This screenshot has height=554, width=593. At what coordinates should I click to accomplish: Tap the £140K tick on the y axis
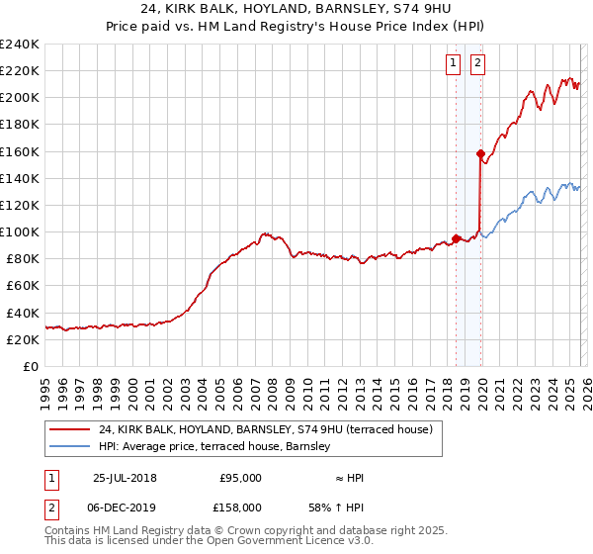[x=20, y=178]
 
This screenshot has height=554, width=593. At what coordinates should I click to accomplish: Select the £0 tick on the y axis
[x=33, y=366]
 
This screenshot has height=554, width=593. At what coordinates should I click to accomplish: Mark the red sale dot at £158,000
[x=480, y=153]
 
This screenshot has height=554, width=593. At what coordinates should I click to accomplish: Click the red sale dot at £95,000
[x=456, y=237]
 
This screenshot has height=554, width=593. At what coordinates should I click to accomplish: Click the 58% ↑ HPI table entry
[x=336, y=506]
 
